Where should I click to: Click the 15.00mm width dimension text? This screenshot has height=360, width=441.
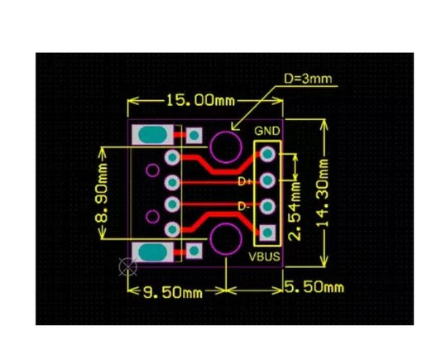coord(201,100)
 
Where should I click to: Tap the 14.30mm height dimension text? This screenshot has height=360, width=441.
coord(322,193)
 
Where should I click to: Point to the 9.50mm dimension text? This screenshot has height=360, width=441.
coord(173,293)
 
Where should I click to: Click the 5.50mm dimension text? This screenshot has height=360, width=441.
coord(314,287)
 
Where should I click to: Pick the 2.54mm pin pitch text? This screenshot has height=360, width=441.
coord(295,211)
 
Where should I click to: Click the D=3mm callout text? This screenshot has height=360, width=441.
coord(308,79)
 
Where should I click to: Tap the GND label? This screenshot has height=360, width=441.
coord(267,131)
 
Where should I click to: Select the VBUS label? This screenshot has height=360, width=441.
coord(265,257)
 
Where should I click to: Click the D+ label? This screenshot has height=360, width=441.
coord(245,181)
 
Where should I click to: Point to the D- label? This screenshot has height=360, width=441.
coord(243,206)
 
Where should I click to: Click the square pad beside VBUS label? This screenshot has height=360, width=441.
coord(267,233)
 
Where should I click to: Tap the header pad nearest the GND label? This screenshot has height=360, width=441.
coord(267,154)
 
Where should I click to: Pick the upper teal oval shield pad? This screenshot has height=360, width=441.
coord(152,135)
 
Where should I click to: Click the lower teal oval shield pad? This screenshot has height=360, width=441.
coord(152,252)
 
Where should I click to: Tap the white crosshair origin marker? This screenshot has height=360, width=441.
coord(128,266)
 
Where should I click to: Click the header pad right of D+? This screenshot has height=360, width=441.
coord(267,180)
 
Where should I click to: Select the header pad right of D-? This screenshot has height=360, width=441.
coord(267,206)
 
